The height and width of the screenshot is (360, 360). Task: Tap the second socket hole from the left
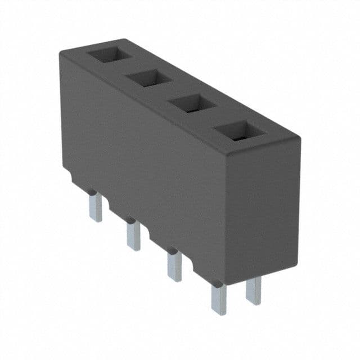[x=148, y=79]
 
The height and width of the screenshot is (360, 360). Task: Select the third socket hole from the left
[x=193, y=103]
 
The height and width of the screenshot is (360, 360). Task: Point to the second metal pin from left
[x=133, y=235]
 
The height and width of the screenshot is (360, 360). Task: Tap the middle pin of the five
[x=175, y=265]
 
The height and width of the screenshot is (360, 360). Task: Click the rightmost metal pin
[x=254, y=290]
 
